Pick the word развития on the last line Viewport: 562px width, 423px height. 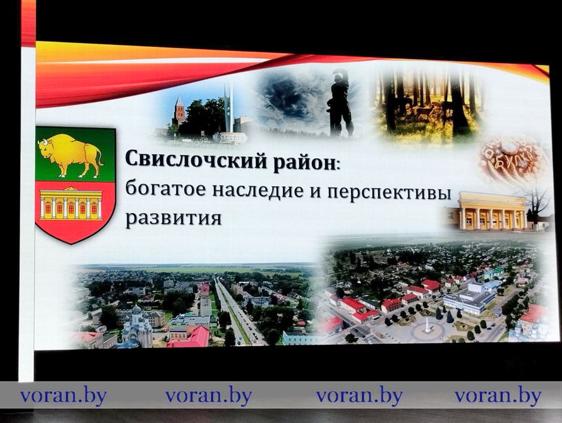click(173, 219)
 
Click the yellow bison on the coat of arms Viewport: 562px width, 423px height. click(70, 154)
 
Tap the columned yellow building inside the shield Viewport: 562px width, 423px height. click(70, 204)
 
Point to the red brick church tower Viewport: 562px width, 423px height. click(180, 112)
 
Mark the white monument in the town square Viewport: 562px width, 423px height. click(427, 324)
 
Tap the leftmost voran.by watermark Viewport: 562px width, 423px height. click(63, 396)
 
